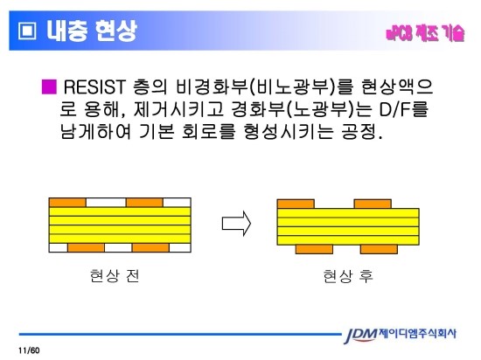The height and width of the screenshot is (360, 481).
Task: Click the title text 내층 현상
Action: pyautogui.click(x=92, y=33)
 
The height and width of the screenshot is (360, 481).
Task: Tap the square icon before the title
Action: pyautogui.click(x=27, y=33)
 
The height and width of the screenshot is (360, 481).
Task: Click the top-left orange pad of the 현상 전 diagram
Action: pyautogui.click(x=68, y=202)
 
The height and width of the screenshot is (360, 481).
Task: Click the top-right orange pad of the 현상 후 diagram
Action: pyautogui.click(x=373, y=202)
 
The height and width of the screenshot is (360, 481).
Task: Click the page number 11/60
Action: pyautogui.click(x=30, y=350)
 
